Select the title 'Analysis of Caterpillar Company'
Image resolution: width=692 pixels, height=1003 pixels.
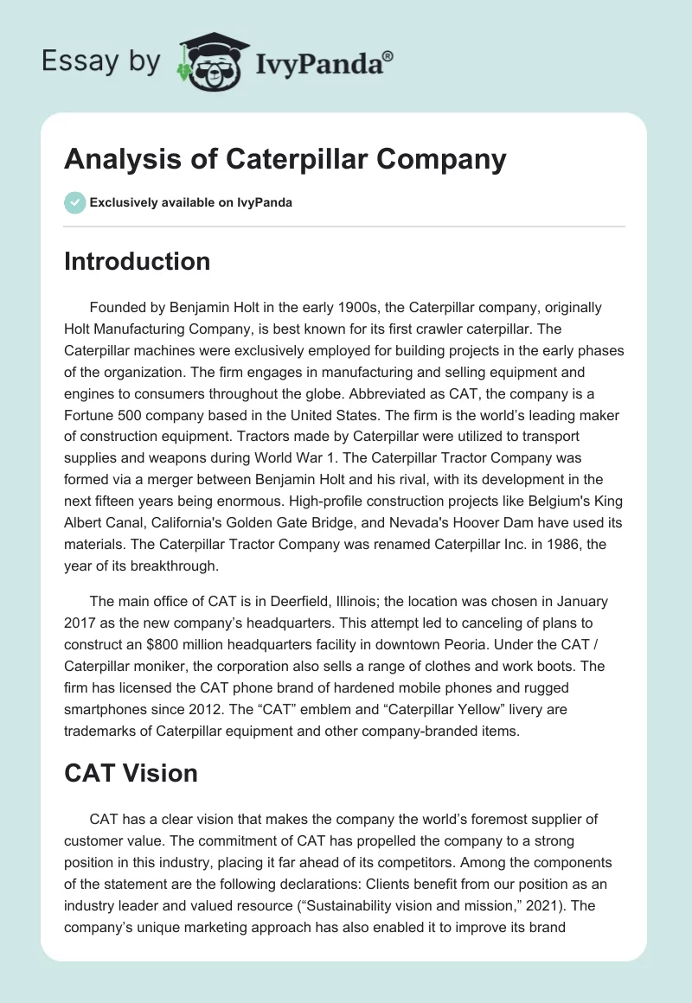coord(285,160)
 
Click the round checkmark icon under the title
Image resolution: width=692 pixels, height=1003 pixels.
coord(74,202)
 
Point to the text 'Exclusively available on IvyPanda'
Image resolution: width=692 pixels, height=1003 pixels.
coord(191,203)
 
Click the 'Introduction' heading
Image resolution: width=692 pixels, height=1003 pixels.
coord(137,261)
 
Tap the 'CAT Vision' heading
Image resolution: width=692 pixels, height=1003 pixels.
coord(131,772)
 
